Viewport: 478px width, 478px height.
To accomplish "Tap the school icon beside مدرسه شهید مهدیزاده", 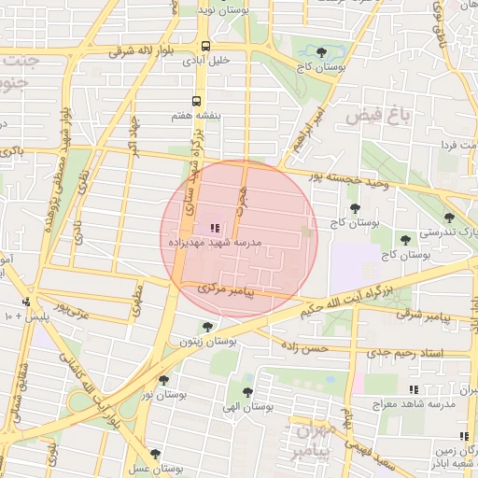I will [215, 227].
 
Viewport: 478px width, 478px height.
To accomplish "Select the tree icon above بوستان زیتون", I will [207, 327].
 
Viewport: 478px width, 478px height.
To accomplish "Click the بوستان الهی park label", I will [246, 407].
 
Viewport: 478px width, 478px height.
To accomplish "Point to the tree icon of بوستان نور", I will [164, 380].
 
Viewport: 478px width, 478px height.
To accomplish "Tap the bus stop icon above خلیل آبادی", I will [205, 45].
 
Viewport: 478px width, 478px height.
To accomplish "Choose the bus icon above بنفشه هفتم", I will [197, 101].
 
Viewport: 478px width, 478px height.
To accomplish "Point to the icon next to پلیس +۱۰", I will [26, 302].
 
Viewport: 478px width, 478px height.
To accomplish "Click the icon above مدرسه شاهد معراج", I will [414, 389].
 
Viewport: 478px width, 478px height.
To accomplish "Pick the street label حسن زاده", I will [306, 346].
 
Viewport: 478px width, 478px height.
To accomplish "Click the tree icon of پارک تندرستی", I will [449, 218].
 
